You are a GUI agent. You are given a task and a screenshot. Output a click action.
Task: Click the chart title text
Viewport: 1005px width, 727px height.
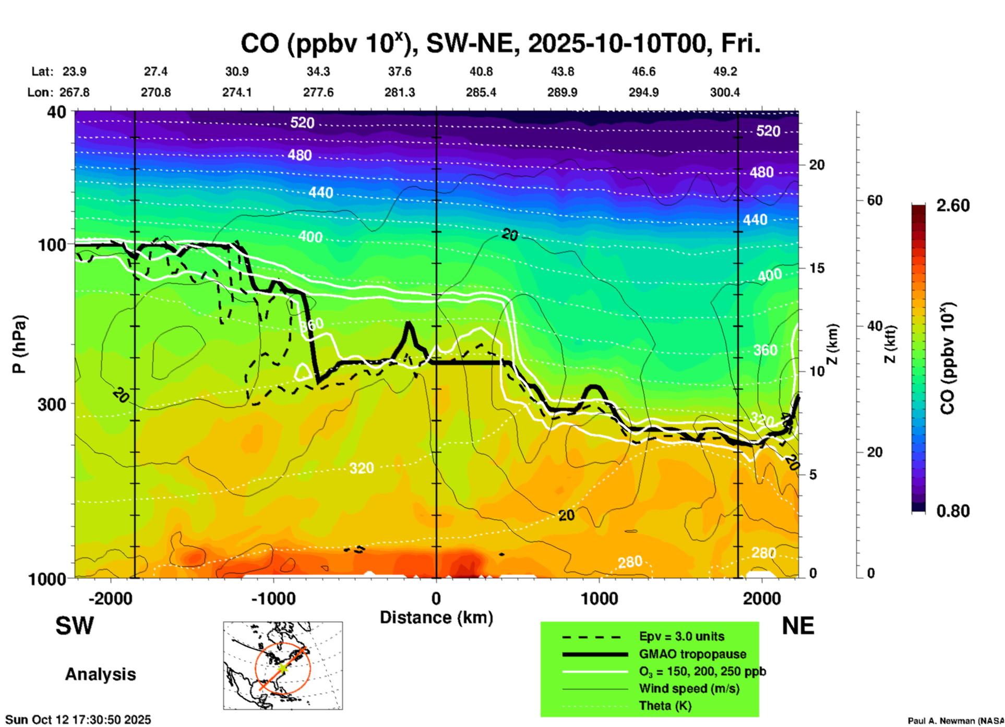click(x=500, y=43)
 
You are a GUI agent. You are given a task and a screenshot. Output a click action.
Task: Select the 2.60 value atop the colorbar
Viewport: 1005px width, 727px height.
click(x=953, y=205)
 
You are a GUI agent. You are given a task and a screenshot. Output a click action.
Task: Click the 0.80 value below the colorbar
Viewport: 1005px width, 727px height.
click(x=953, y=511)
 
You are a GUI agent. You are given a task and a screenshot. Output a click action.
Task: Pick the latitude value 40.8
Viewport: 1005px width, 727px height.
click(x=481, y=71)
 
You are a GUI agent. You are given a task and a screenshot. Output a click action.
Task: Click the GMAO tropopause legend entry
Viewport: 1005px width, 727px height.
click(x=692, y=654)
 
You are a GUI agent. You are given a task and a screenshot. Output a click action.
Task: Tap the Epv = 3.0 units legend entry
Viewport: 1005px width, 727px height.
click(x=681, y=636)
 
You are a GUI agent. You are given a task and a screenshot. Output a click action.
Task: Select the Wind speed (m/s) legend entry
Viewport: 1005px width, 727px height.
click(x=689, y=688)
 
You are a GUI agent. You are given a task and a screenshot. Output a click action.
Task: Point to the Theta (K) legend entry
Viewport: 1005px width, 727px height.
click(x=665, y=706)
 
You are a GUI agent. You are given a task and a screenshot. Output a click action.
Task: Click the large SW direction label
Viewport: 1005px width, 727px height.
click(x=75, y=626)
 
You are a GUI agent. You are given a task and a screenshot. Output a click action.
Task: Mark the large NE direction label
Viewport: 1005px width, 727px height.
click(x=798, y=626)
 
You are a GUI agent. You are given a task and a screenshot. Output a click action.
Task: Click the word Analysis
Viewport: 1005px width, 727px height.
click(x=100, y=674)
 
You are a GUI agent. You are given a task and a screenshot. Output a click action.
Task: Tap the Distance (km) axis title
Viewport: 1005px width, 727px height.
click(x=436, y=617)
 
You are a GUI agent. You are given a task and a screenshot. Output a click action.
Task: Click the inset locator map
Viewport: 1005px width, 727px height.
click(x=283, y=665)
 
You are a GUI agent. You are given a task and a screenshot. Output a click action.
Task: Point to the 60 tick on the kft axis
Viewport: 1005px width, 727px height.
click(x=875, y=200)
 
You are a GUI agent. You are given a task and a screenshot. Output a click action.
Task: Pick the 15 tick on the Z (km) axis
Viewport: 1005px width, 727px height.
click(x=817, y=268)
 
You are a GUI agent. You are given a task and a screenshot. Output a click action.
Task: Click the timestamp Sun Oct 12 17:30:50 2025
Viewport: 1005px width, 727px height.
click(x=78, y=720)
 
